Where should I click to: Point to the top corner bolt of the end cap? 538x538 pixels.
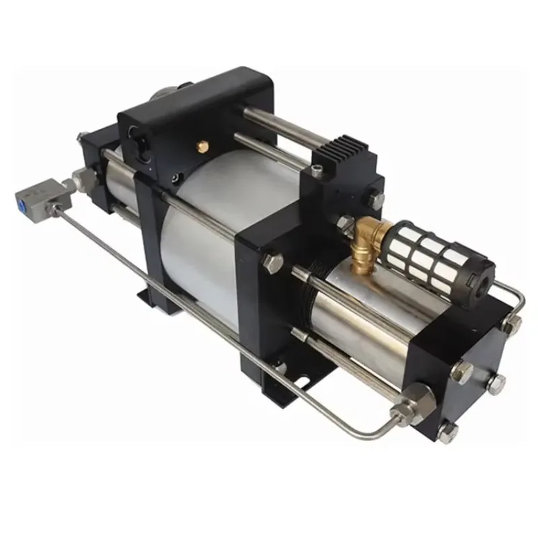point(514,325)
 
